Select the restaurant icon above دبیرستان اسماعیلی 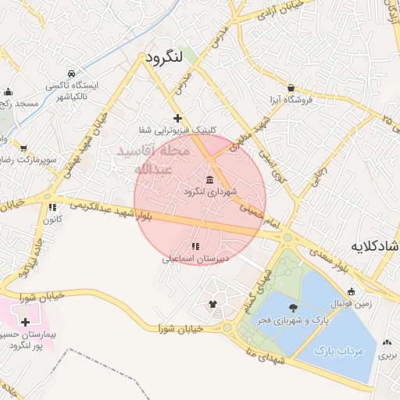tap(195, 247)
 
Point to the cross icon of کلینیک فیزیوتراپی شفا tap(178, 118)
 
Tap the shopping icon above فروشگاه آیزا tap(291, 88)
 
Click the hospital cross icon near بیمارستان tap(26, 322)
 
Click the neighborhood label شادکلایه tap(376, 246)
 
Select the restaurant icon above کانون tap(52, 208)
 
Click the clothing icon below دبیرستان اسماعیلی tap(212, 304)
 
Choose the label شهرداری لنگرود tap(209, 191)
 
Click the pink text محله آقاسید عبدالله tap(152, 159)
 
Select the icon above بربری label tap(388, 341)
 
